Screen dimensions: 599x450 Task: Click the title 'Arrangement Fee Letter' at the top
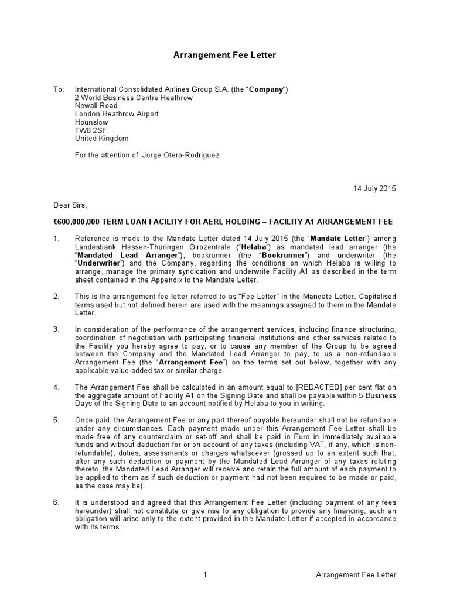click(224, 55)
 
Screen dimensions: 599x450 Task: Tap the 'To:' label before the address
click(58, 89)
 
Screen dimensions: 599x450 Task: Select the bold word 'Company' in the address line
click(266, 89)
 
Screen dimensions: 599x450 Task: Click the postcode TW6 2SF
click(91, 130)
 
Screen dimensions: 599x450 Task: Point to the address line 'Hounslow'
click(91, 122)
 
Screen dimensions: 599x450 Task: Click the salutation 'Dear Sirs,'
click(70, 205)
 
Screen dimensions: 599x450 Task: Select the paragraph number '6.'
click(57, 502)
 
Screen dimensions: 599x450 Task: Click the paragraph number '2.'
click(57, 297)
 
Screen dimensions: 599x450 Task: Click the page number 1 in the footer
click(205, 575)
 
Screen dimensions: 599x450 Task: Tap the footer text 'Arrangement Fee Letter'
click(356, 575)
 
